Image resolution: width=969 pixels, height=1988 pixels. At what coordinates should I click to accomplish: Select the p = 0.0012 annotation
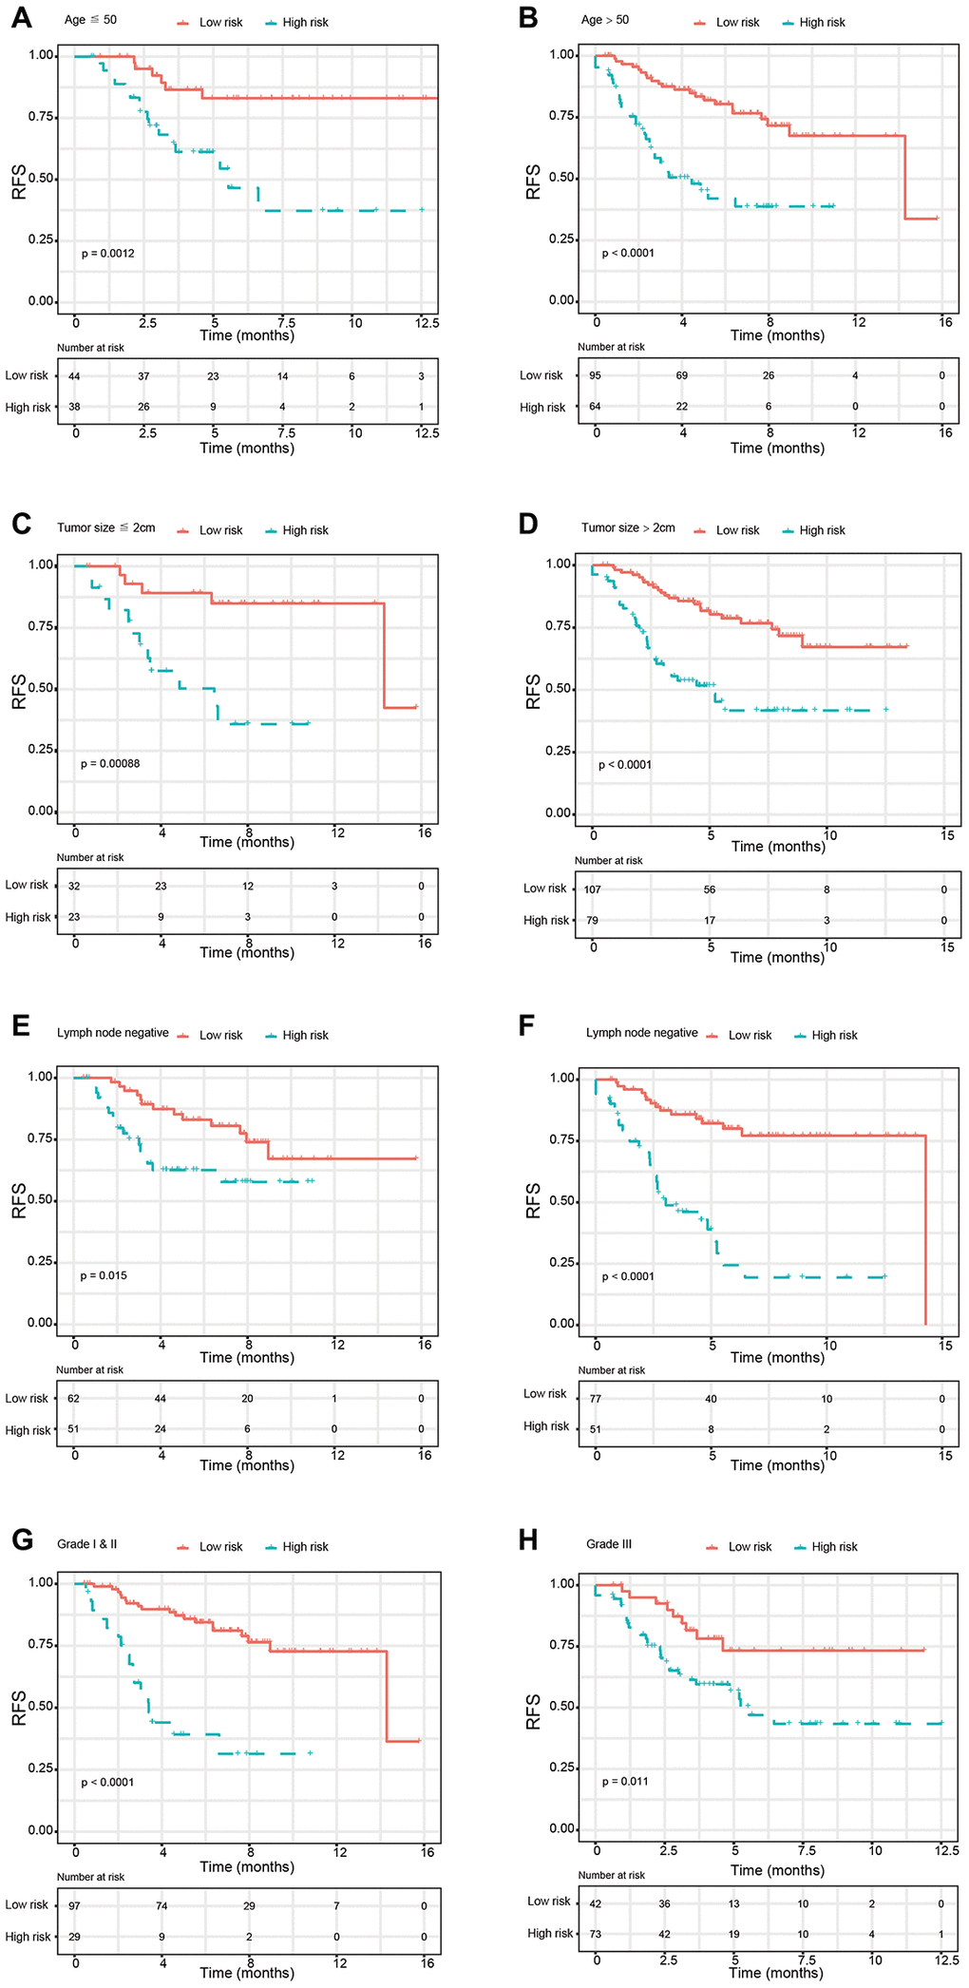[107, 254]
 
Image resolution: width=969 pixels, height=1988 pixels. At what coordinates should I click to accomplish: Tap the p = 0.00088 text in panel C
[110, 763]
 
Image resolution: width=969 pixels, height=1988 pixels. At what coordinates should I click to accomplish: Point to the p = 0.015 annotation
[104, 1275]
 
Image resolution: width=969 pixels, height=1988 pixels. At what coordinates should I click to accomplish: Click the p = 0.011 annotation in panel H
[625, 1781]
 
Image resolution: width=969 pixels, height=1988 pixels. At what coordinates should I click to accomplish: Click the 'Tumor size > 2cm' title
[628, 527]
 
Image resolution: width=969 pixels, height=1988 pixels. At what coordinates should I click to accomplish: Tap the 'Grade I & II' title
[86, 1544]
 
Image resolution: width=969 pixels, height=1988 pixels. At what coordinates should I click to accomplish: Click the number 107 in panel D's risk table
[593, 889]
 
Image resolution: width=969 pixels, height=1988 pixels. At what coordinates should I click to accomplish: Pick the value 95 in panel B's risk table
[596, 375]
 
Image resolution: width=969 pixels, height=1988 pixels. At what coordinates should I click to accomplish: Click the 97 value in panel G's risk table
[75, 1905]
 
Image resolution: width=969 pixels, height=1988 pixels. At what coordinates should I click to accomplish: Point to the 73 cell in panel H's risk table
[596, 1934]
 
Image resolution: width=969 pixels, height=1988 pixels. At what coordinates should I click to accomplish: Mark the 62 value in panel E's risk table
[74, 1399]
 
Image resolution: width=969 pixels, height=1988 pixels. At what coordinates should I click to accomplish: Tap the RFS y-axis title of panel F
[534, 1201]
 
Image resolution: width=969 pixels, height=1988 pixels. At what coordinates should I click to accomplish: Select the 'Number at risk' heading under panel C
[90, 857]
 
